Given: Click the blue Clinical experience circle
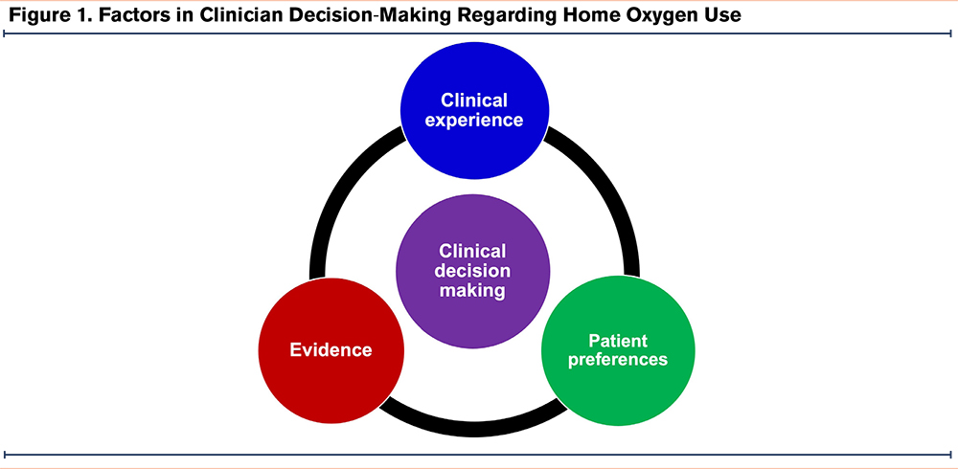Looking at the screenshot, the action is point(473,110).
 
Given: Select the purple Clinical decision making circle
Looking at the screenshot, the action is point(473,271).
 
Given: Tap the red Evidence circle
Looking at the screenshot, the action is point(331,350).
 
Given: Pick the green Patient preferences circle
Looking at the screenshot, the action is point(618,349).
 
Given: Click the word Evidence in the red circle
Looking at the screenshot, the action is point(331,350).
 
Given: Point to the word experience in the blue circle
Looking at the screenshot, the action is point(473,120).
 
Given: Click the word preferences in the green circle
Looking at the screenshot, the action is point(618,360).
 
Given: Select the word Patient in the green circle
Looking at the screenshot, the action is point(618,340).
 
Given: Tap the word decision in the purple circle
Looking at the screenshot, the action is point(473,271).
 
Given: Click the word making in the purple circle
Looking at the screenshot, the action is point(473,291).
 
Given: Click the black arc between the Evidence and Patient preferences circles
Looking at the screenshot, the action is point(473,430).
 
